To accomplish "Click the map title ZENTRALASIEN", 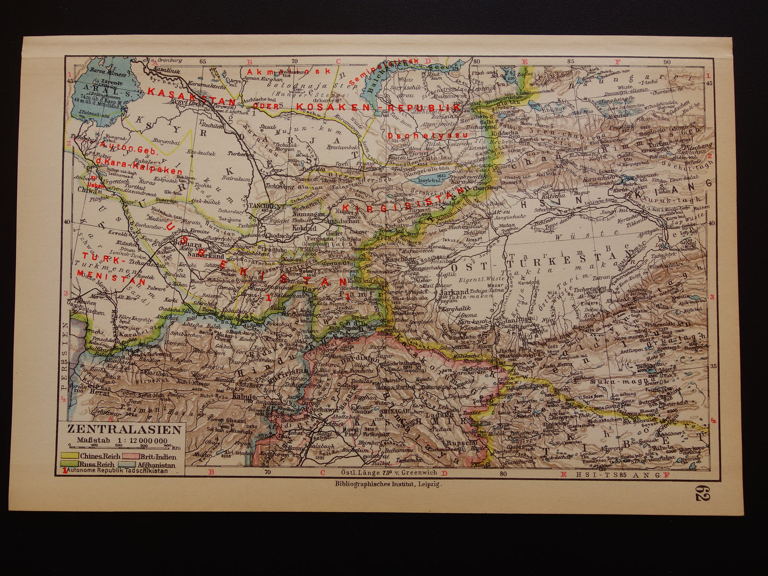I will click(x=124, y=430).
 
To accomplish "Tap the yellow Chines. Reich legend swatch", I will click(x=72, y=455).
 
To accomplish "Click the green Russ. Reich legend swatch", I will click(x=72, y=464).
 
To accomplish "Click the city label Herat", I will click(x=101, y=393).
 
